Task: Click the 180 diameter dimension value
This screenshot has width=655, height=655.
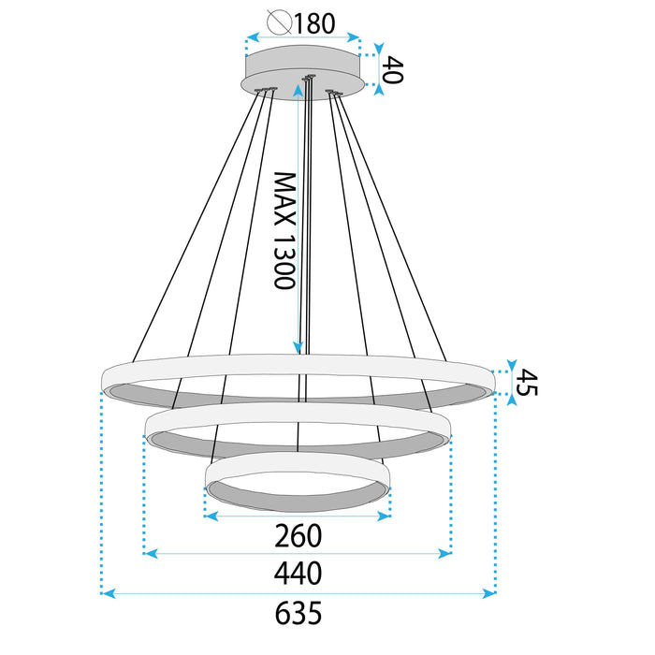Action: (314, 23)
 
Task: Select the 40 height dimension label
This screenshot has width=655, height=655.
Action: (393, 70)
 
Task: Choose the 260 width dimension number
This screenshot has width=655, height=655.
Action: (298, 535)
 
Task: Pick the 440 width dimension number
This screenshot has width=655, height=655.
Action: (298, 573)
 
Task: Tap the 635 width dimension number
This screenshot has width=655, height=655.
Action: (298, 613)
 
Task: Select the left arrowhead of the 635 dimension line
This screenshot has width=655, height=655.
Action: (106, 593)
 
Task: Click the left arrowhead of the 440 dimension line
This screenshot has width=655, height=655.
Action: (150, 554)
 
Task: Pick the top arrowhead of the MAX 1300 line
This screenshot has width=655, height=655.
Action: (298, 87)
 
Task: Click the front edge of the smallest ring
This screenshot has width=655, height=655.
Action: (298, 513)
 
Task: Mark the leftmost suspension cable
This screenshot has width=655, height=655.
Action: (196, 225)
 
